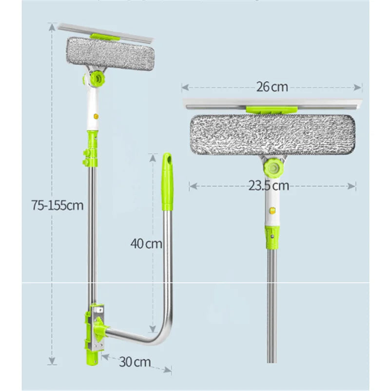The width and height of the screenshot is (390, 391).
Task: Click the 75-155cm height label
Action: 58,206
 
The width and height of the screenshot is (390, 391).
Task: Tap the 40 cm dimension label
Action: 146,243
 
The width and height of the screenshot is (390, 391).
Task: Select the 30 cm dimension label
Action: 134,362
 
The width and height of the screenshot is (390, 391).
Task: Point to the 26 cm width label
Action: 272,87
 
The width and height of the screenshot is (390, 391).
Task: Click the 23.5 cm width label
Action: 269,185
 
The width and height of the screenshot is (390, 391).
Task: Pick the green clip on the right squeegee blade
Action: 269,110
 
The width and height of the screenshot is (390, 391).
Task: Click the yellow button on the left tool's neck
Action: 96,117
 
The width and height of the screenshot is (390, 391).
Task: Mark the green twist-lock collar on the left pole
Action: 92,146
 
